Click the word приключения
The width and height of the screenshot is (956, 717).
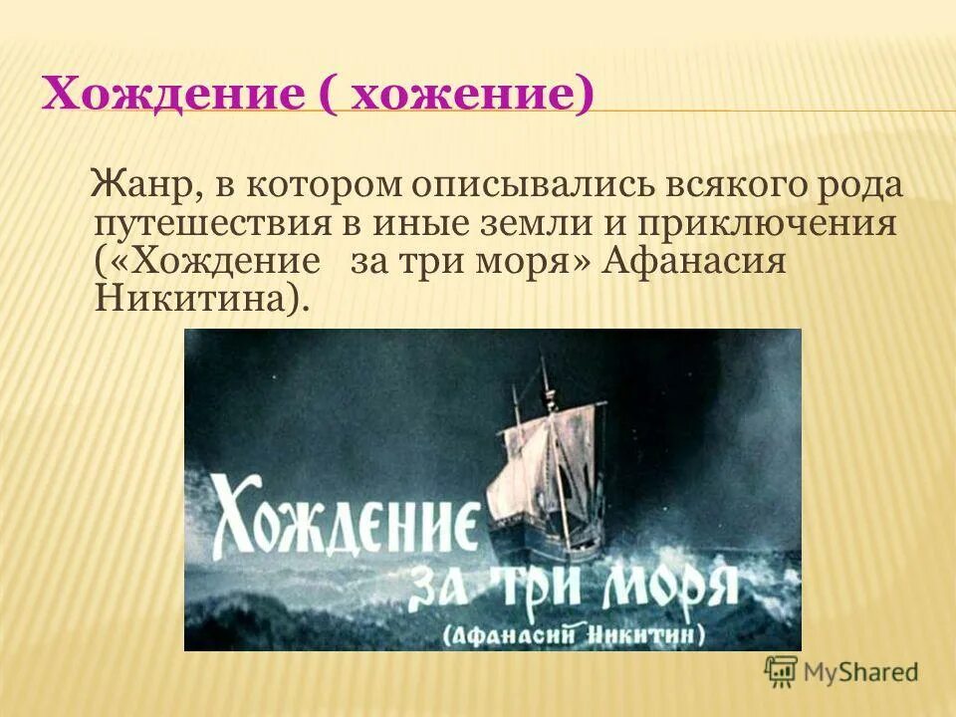click(786, 225)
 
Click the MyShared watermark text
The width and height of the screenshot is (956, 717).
click(861, 672)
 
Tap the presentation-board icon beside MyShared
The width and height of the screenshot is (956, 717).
click(781, 670)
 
